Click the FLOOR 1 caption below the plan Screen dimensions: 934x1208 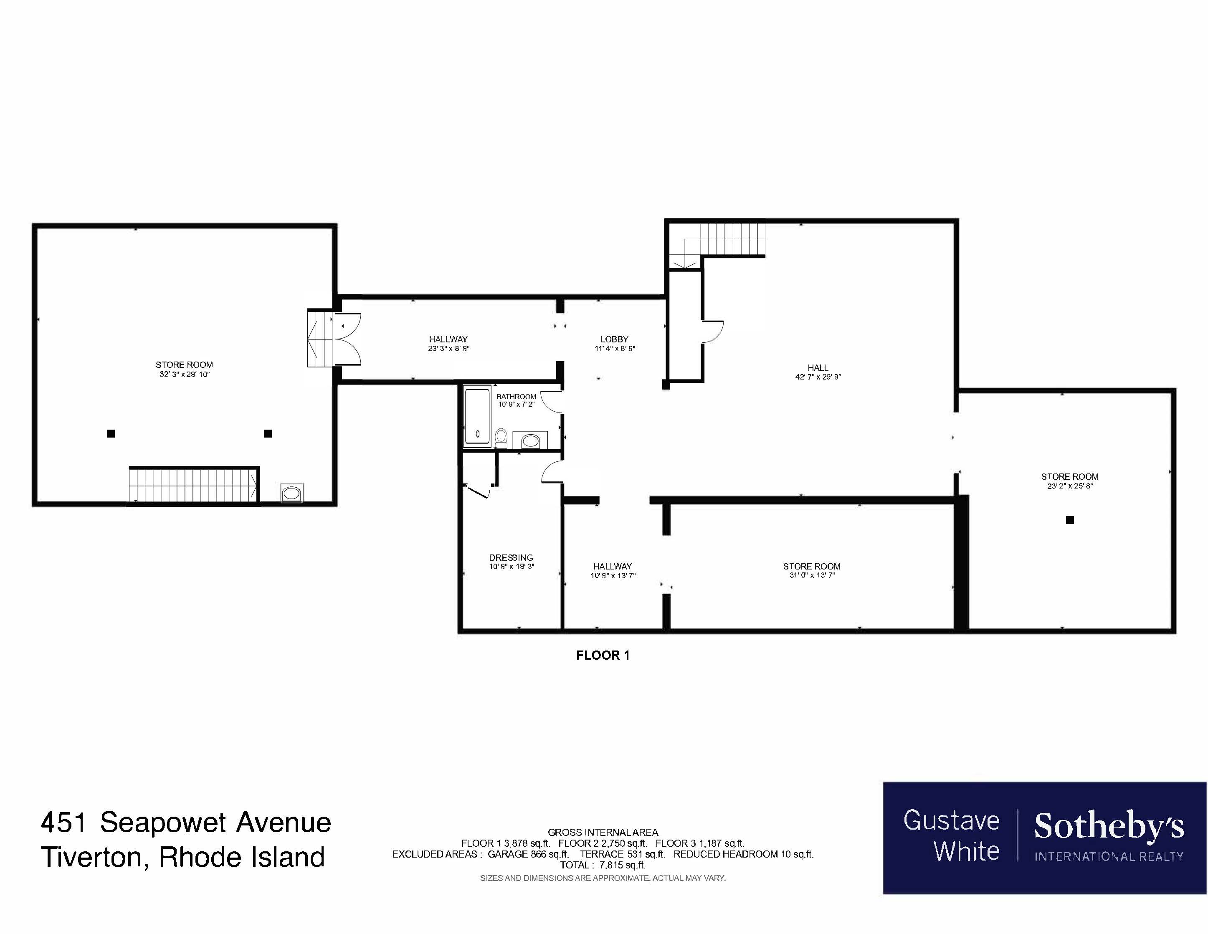(603, 655)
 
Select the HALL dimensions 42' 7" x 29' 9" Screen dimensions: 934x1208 (818, 377)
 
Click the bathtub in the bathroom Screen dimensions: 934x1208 (477, 415)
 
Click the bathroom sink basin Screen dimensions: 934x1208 (530, 441)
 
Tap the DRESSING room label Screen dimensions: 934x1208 (511, 557)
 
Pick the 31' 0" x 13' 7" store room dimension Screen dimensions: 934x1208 (811, 575)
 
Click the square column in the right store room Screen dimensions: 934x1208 (1070, 520)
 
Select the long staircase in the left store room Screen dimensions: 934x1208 (194, 485)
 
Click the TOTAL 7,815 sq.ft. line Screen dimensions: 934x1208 (603, 865)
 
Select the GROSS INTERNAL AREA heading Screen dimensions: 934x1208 (603, 832)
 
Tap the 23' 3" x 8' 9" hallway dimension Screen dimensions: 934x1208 (448, 348)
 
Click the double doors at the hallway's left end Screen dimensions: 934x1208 (347, 339)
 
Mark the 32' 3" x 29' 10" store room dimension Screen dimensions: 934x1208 (184, 375)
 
